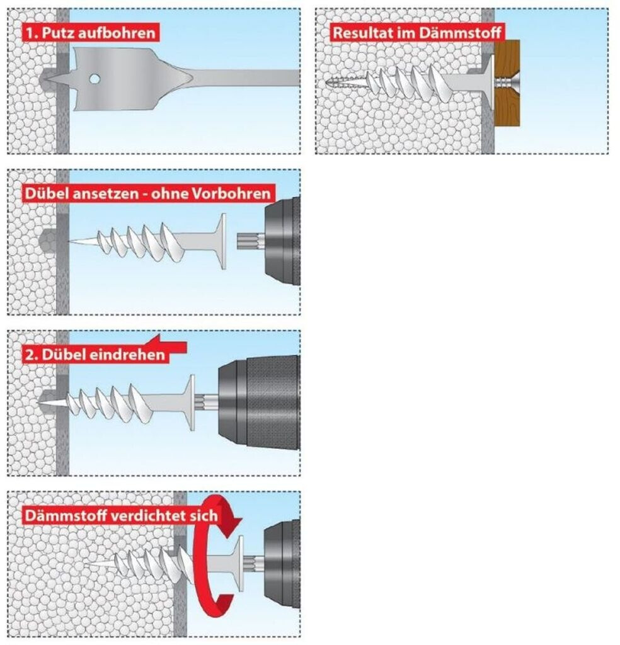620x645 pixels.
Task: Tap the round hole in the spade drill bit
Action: (93, 79)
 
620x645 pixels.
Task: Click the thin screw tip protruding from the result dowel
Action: (340, 81)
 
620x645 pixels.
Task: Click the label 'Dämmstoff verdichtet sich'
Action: (121, 516)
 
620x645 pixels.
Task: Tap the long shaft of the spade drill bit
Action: (246, 79)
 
